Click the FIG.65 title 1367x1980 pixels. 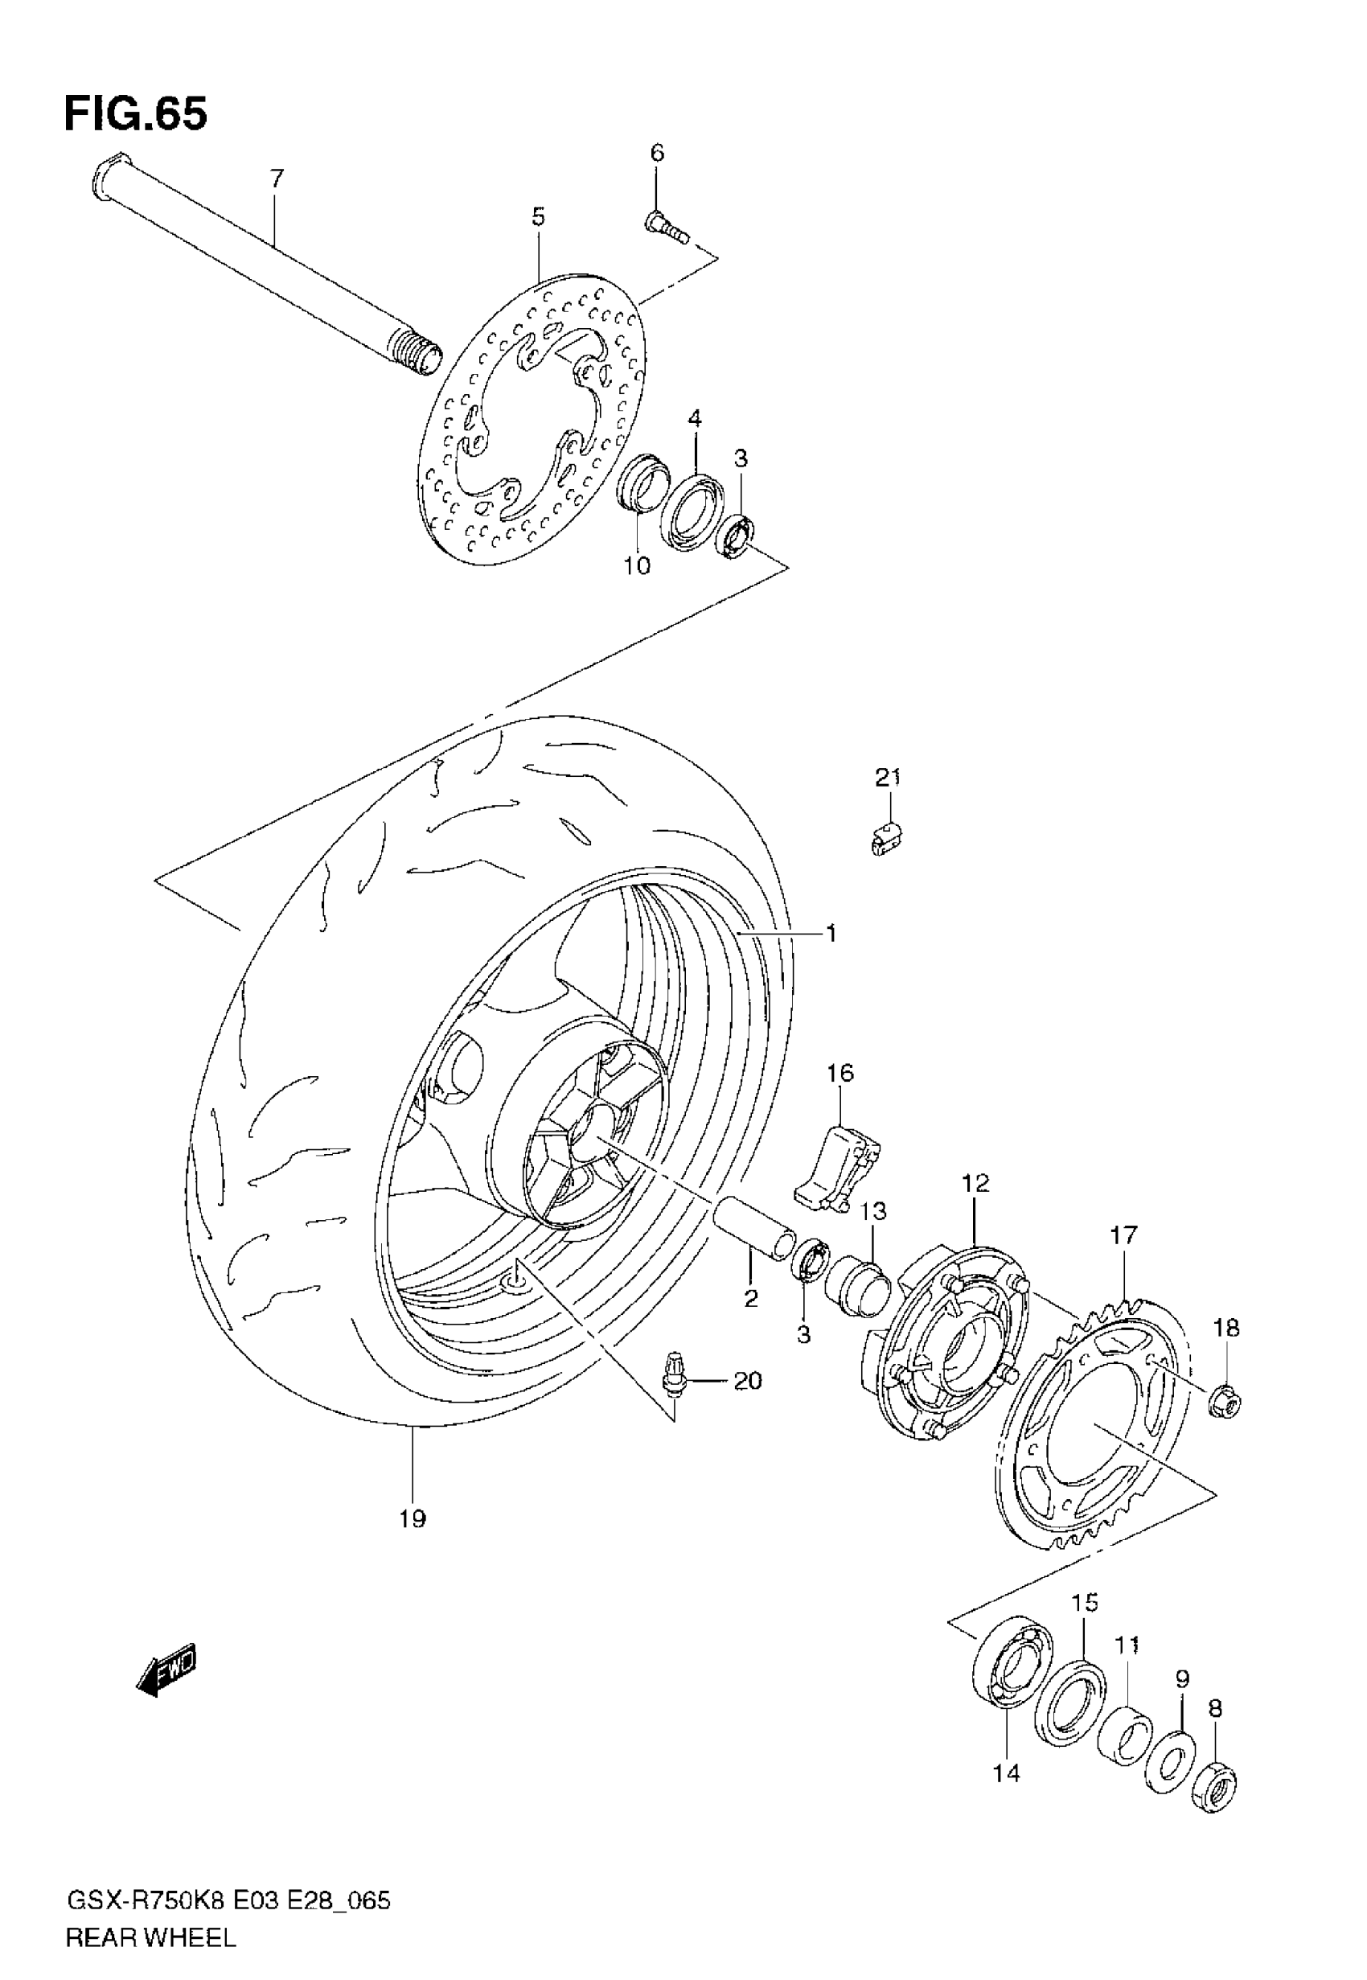135,113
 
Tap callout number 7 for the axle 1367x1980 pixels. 277,179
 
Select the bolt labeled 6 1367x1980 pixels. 666,227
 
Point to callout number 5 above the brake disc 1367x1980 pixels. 538,217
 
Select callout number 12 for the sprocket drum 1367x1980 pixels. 975,1183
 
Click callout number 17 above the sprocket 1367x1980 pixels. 1123,1235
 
